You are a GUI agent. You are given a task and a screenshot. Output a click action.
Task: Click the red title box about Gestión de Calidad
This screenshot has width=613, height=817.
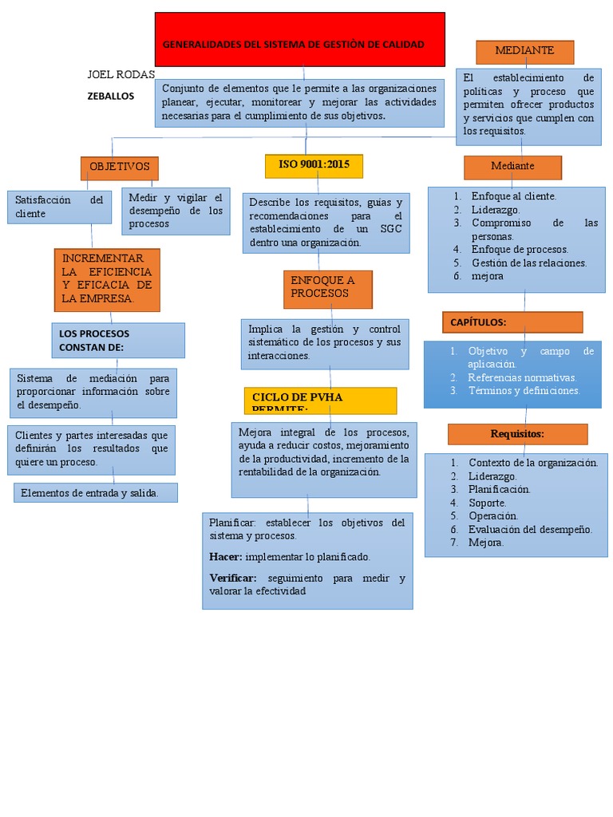point(299,40)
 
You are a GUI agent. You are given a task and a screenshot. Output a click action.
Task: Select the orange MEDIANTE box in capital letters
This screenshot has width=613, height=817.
point(524,52)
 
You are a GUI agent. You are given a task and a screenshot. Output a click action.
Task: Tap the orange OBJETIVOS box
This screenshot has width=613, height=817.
point(120,168)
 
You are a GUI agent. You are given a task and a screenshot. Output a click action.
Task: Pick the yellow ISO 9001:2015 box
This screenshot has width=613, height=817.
point(314,165)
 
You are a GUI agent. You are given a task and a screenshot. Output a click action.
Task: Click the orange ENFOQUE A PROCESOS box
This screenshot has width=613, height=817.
point(327,289)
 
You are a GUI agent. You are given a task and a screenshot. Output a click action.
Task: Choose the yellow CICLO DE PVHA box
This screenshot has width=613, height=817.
point(320,401)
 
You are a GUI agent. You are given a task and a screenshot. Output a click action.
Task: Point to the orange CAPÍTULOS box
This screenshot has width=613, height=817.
point(512,322)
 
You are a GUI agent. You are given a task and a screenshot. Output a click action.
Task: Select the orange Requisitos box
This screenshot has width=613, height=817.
point(517,434)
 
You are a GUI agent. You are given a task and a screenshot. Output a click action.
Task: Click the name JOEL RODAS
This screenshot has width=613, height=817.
point(121,75)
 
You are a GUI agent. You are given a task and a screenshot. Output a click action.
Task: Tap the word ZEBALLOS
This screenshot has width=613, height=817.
point(111,96)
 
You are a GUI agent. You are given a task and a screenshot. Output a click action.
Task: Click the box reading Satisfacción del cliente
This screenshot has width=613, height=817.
point(59,207)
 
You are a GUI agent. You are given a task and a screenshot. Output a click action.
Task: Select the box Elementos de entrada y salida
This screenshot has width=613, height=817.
point(96,493)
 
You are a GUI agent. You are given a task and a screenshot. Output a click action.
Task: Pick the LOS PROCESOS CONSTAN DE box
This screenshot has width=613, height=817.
point(117,340)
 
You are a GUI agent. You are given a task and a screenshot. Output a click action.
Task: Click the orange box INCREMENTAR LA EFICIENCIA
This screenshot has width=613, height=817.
point(107,279)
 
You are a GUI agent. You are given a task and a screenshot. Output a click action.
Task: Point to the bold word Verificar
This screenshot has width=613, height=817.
point(233,578)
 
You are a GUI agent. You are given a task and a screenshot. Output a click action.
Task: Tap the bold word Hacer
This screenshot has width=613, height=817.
point(225,557)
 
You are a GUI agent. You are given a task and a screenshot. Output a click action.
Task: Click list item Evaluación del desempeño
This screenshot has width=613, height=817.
point(530,529)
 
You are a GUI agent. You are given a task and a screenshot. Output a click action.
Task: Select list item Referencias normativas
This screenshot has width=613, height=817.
point(522,377)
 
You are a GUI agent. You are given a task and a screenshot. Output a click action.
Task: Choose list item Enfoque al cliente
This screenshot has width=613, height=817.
point(514,196)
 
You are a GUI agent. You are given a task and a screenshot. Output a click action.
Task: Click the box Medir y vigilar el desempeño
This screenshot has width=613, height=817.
point(176,211)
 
